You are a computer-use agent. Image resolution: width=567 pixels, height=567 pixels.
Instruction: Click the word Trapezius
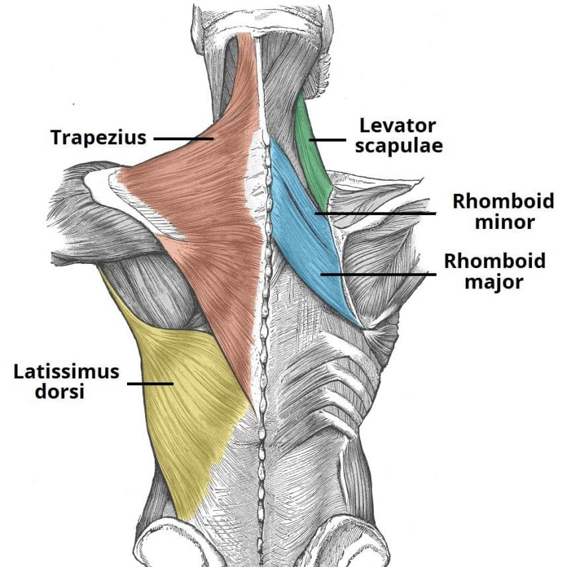point(99,138)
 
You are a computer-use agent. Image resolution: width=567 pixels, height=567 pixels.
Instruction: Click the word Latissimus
point(67,371)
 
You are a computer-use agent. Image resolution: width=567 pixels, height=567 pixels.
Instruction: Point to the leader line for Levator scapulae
point(329,140)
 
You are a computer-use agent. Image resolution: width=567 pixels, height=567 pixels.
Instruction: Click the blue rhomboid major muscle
point(318,265)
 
